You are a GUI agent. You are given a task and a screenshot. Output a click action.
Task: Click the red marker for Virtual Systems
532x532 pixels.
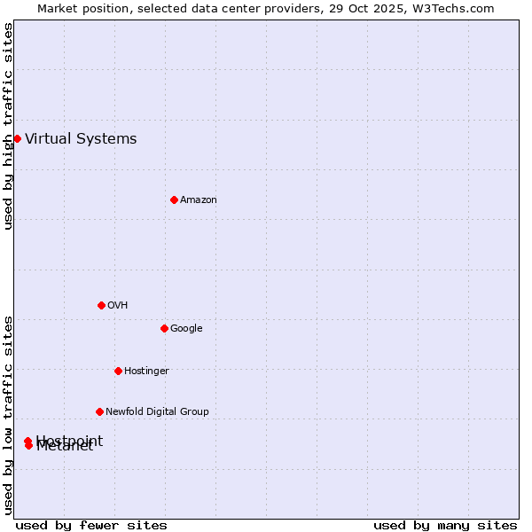click(17, 138)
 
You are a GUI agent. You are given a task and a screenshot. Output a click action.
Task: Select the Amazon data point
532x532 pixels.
click(174, 199)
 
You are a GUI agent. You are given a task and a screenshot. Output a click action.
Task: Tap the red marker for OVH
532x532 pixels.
click(101, 305)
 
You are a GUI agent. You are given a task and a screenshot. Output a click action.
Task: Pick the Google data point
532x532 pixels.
click(164, 328)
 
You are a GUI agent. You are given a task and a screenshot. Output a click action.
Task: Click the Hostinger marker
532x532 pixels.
click(118, 371)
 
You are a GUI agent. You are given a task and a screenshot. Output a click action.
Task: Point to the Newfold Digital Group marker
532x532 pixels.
click(99, 411)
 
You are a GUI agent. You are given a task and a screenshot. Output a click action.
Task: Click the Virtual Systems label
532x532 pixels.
click(81, 138)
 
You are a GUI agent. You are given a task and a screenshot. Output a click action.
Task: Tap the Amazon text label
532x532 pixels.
click(198, 200)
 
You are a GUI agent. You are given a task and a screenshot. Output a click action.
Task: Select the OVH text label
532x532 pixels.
click(117, 306)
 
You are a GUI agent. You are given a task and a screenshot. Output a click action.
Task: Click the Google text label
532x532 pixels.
click(186, 329)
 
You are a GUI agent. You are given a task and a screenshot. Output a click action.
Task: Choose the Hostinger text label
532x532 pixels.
click(146, 372)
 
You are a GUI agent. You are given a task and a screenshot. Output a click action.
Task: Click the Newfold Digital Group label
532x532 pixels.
click(157, 412)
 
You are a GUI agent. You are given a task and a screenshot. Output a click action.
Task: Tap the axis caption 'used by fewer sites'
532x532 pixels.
click(91, 525)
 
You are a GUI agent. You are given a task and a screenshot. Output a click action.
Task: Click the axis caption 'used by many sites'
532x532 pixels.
click(445, 525)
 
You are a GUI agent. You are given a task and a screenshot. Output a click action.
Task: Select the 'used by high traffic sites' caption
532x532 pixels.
click(8, 126)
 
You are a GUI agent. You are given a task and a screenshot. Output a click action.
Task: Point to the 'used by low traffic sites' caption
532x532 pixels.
click(8, 415)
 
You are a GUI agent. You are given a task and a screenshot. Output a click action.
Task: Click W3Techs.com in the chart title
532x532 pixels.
click(452, 9)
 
